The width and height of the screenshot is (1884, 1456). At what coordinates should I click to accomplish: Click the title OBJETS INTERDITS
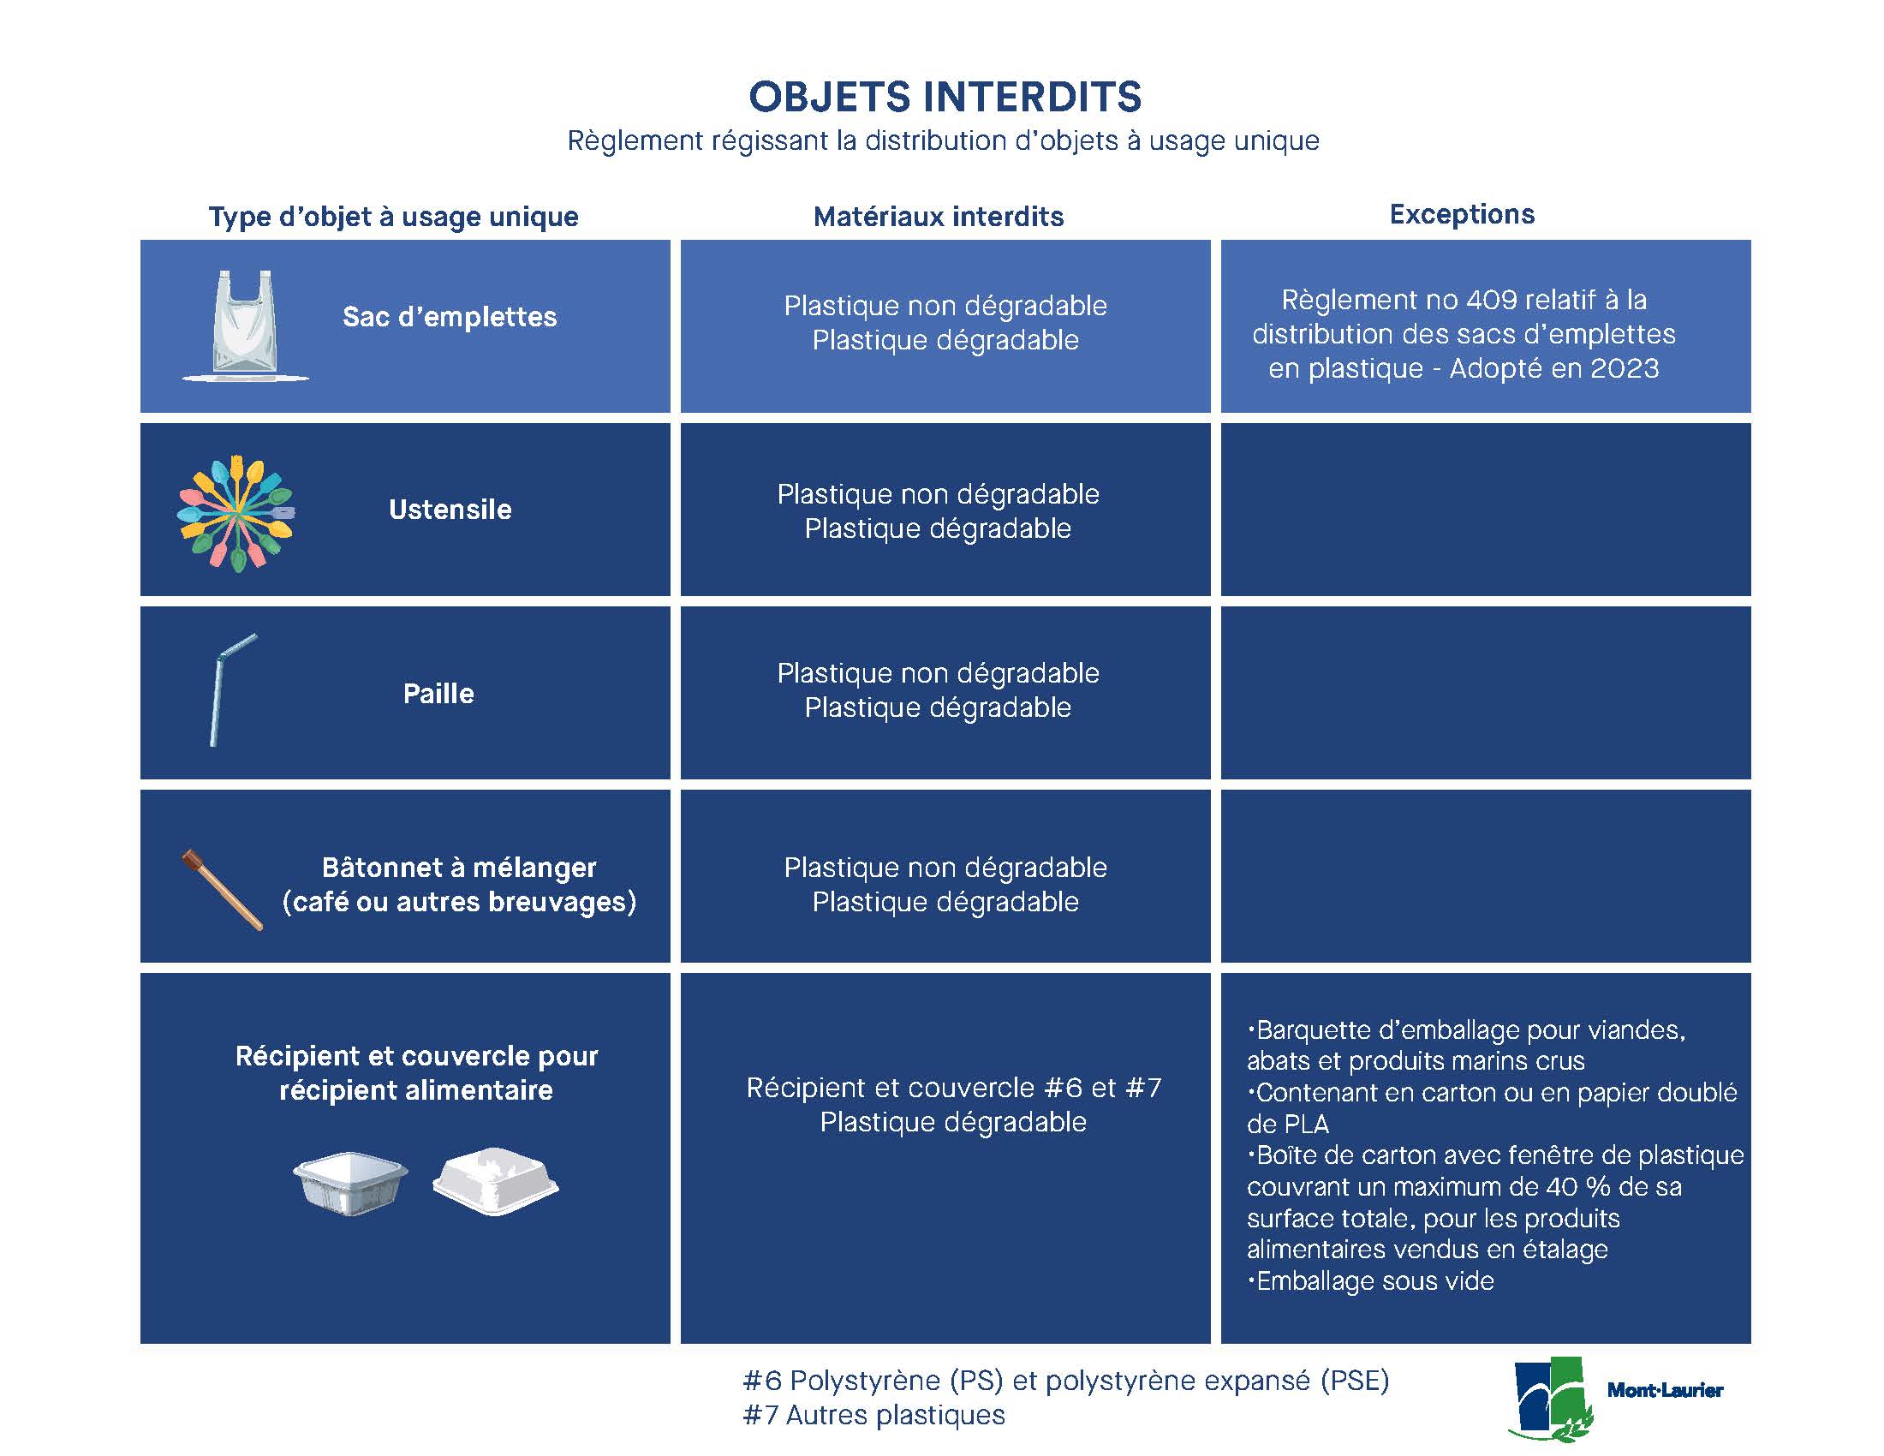click(x=945, y=97)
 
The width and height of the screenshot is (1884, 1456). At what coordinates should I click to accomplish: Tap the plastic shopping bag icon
click(x=245, y=325)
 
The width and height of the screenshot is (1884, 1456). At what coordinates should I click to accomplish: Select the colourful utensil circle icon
click(x=236, y=513)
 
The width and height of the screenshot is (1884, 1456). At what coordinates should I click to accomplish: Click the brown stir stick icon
click(x=223, y=890)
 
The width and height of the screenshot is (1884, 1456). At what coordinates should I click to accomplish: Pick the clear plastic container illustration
click(x=350, y=1184)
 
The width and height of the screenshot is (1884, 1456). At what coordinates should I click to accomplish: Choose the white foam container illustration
click(x=495, y=1181)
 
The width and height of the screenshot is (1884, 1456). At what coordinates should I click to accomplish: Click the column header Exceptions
click(x=1462, y=214)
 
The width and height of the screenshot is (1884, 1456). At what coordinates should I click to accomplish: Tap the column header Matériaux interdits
click(x=939, y=217)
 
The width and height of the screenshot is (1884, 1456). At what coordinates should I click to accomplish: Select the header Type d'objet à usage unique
click(x=393, y=217)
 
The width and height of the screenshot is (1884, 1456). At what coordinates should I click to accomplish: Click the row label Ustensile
click(x=450, y=510)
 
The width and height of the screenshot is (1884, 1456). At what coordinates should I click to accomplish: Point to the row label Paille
click(x=438, y=694)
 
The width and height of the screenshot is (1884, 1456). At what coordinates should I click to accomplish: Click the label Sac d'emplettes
click(x=450, y=317)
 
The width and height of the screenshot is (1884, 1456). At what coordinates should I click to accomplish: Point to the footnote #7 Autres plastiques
click(x=873, y=1416)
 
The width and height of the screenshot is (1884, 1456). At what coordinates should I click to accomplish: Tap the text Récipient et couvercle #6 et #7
click(x=954, y=1088)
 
